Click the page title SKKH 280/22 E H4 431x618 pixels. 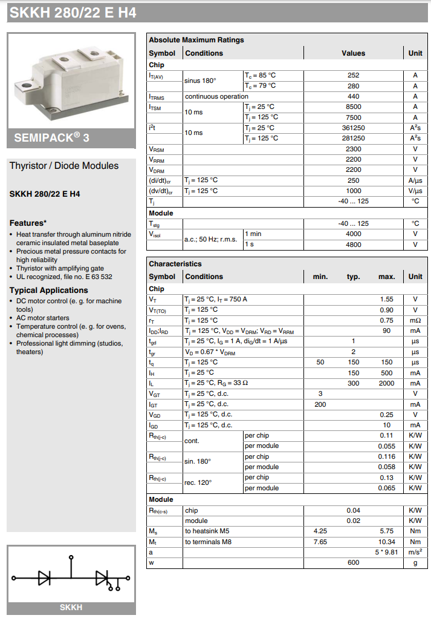(72, 12)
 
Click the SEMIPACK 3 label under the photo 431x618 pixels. (52, 137)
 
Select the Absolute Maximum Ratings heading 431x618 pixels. (196, 40)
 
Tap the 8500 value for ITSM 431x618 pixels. (354, 107)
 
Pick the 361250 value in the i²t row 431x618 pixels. (354, 128)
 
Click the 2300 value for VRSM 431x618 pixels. (354, 149)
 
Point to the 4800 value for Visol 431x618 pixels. (354, 245)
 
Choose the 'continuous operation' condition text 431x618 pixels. (216, 96)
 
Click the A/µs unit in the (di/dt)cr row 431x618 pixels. (415, 180)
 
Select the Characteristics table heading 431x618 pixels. (175, 264)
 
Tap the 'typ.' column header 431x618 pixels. (354, 277)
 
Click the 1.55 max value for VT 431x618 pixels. (387, 299)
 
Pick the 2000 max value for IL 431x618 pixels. (387, 383)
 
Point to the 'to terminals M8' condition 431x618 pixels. (208, 542)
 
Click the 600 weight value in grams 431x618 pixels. (354, 562)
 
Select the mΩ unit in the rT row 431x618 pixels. (415, 320)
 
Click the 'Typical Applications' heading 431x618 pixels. (49, 290)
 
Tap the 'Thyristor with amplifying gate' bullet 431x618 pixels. (60, 268)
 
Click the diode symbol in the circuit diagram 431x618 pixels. (44, 578)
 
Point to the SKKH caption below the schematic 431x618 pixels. (71, 608)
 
